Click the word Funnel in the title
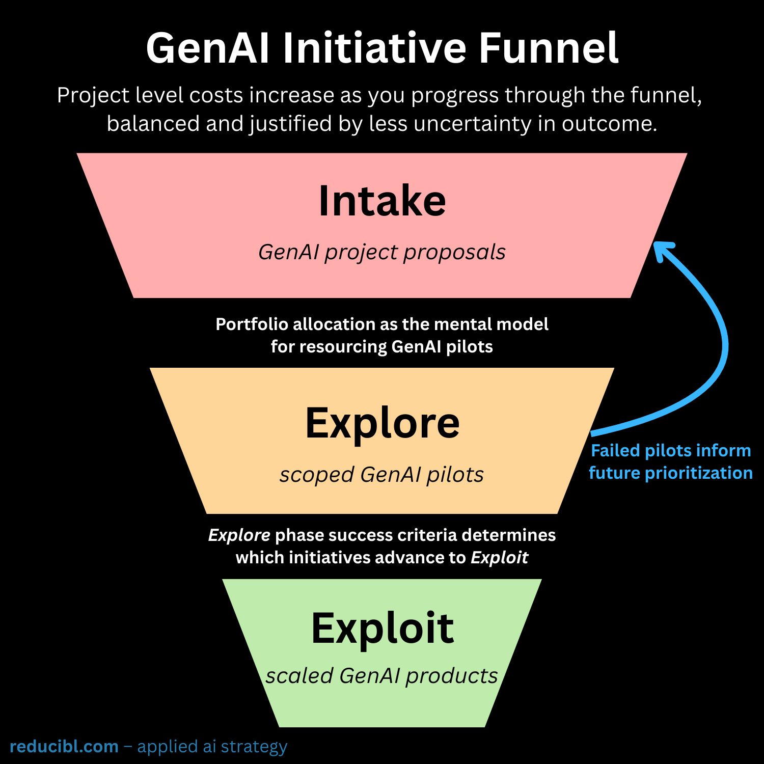point(548,48)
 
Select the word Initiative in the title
point(374,48)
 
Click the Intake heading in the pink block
point(382,201)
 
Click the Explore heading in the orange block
point(382,423)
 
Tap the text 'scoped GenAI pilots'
point(382,475)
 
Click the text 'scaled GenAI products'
point(382,676)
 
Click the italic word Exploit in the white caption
point(499,558)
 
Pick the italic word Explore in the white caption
point(239,535)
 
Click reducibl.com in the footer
point(64,747)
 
